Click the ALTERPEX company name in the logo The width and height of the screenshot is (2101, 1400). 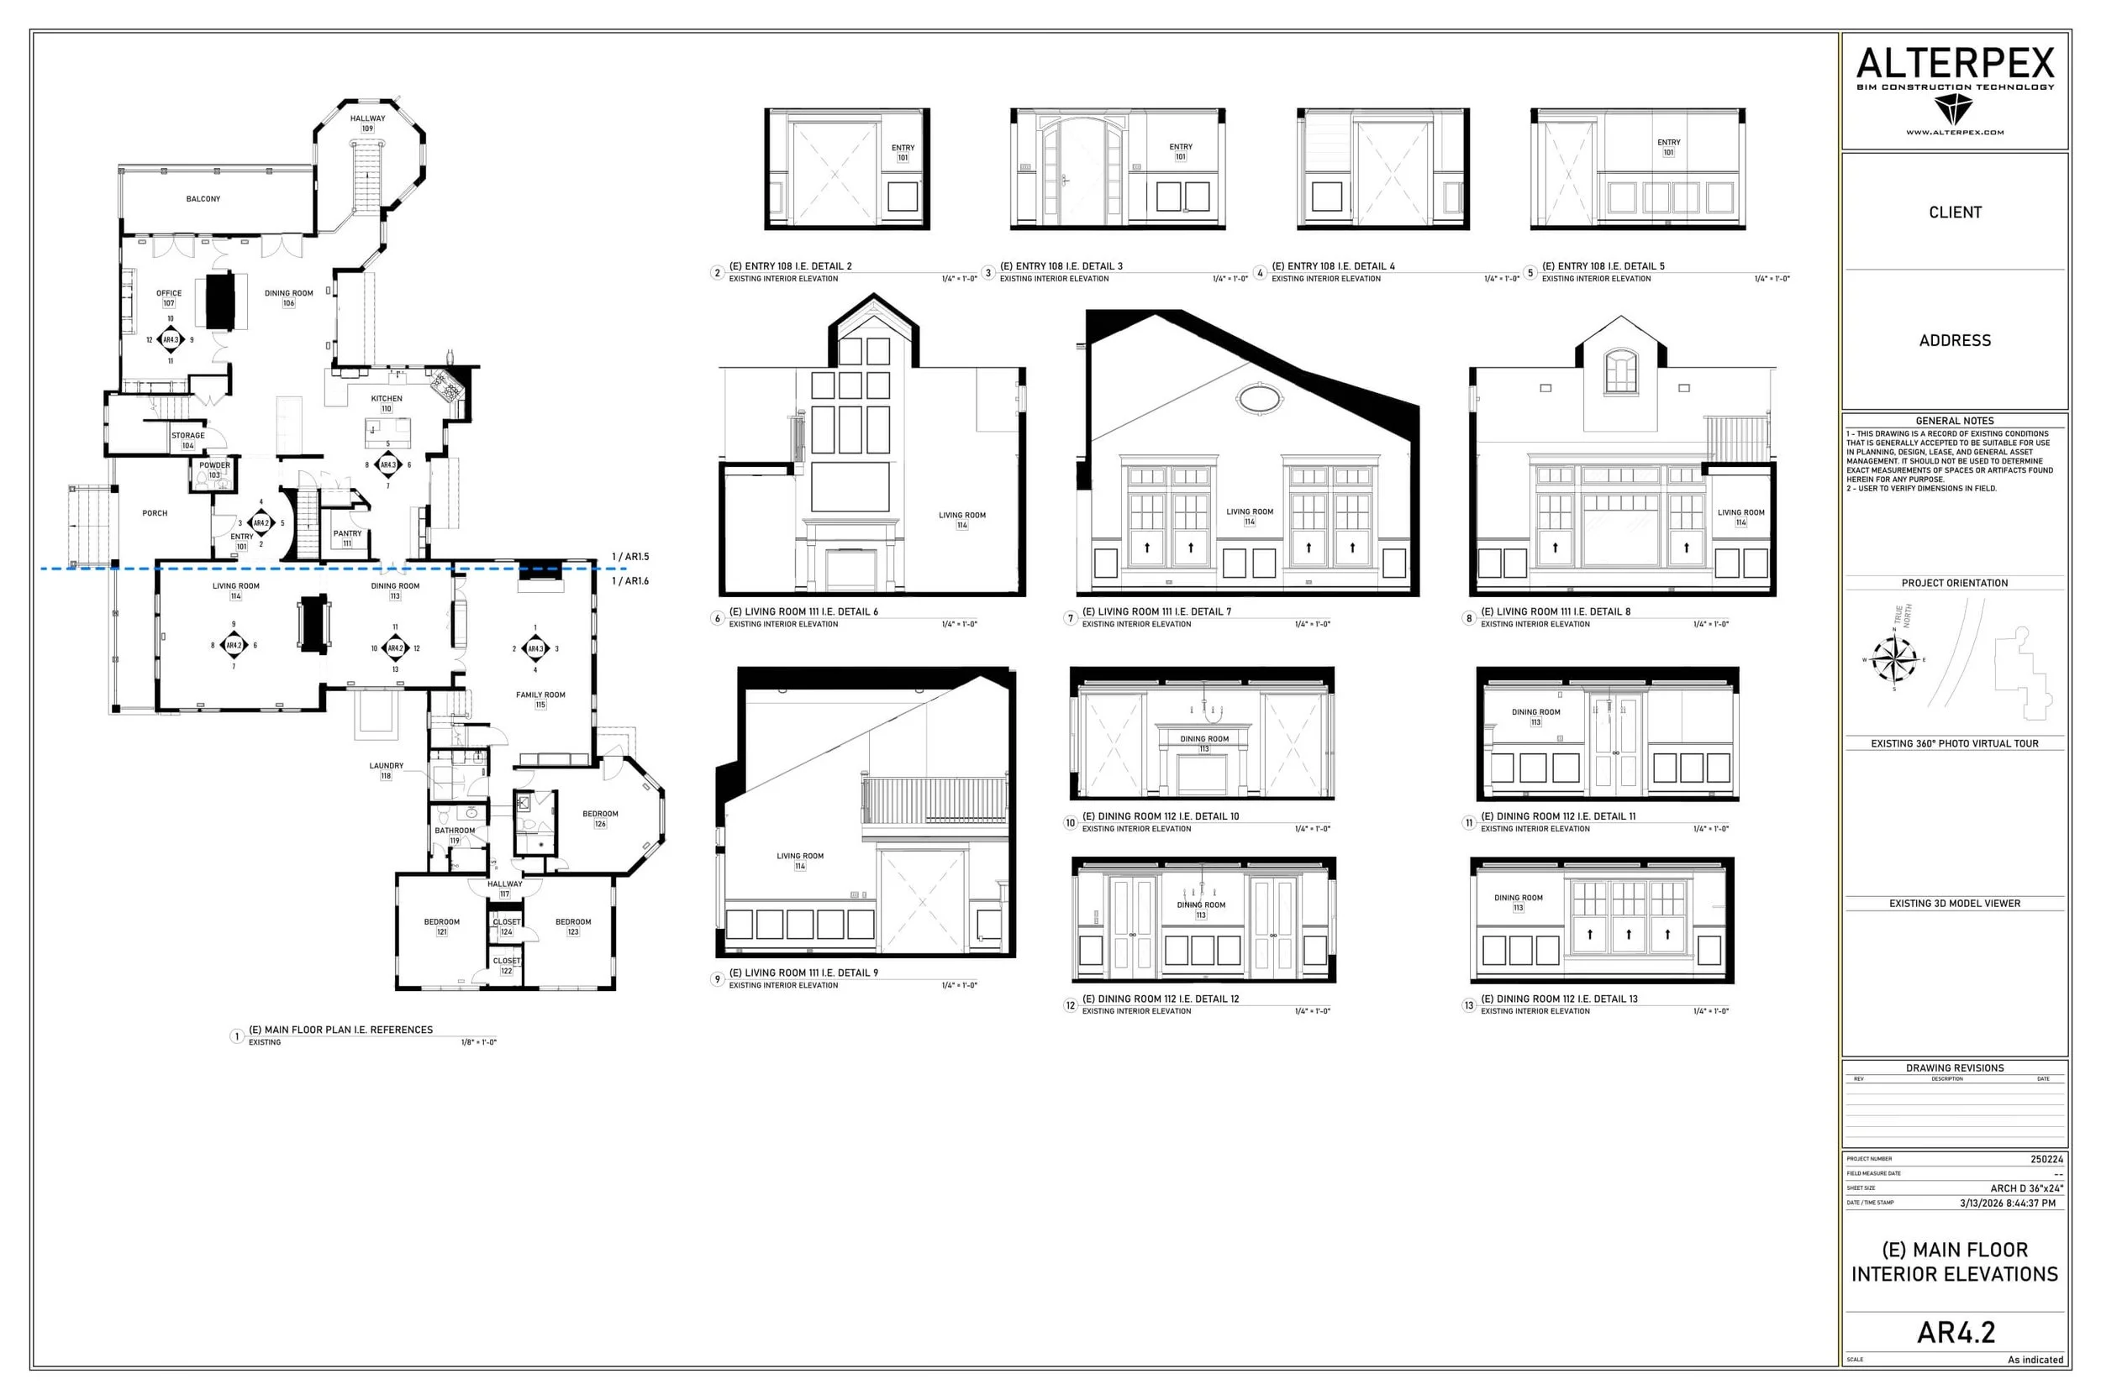pyautogui.click(x=1955, y=63)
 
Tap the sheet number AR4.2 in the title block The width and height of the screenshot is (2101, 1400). pyautogui.click(x=1955, y=1332)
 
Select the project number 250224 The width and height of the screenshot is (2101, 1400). pyautogui.click(x=2046, y=1159)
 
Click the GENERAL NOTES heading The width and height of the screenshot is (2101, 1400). pyautogui.click(x=1954, y=421)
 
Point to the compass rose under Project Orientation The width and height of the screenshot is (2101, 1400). pyautogui.click(x=1893, y=660)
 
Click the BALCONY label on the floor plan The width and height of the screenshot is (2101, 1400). pyautogui.click(x=203, y=199)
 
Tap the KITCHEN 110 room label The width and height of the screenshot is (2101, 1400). pyautogui.click(x=386, y=402)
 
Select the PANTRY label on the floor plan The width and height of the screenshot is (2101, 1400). pyautogui.click(x=347, y=537)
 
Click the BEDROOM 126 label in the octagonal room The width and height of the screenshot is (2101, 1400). pyautogui.click(x=599, y=818)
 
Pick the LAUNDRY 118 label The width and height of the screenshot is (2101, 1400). pyautogui.click(x=386, y=770)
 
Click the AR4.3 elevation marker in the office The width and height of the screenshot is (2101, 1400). pyautogui.click(x=170, y=339)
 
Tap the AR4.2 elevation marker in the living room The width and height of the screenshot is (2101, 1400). pyautogui.click(x=233, y=645)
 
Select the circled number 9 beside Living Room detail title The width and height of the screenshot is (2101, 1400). pyautogui.click(x=716, y=978)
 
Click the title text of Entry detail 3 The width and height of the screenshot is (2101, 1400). pyautogui.click(x=1061, y=266)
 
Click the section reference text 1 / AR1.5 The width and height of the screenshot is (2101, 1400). pyautogui.click(x=629, y=556)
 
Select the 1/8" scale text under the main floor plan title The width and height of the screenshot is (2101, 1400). pyautogui.click(x=478, y=1042)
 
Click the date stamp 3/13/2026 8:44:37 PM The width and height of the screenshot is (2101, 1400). pyautogui.click(x=2007, y=1203)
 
